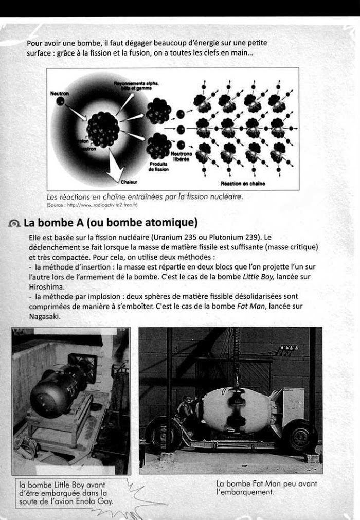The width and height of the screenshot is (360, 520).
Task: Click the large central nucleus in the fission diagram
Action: point(103,129)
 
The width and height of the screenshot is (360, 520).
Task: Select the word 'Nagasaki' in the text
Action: point(45,316)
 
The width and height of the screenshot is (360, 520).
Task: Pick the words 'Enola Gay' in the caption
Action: point(93,501)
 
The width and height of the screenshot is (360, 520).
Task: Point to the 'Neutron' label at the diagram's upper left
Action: point(60,94)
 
